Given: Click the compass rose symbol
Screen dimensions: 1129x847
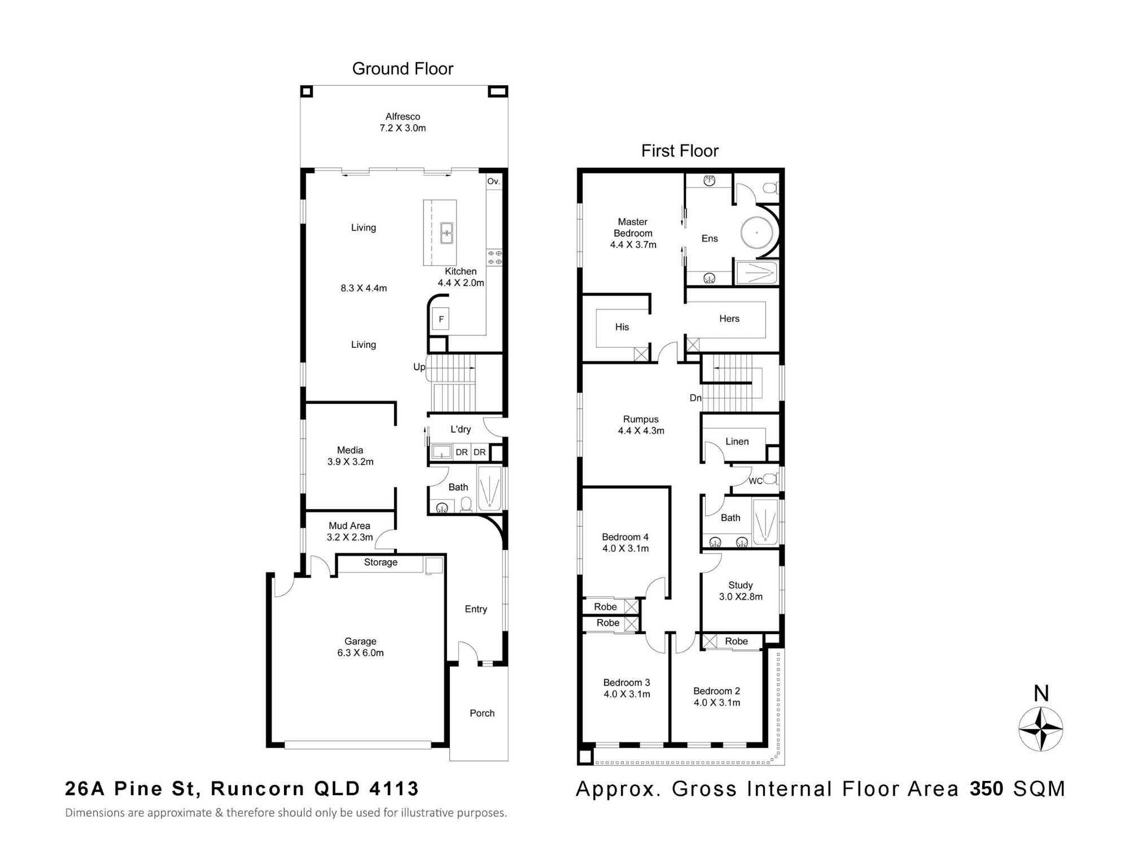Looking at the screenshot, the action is click(1041, 728).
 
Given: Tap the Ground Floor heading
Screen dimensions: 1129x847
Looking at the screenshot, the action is click(402, 69).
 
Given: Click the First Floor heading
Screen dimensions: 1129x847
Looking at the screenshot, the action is click(680, 151).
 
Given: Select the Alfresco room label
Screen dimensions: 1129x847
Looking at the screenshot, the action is click(402, 116).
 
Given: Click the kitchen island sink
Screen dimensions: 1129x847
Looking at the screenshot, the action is click(447, 233).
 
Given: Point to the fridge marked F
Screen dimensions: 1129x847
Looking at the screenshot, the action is click(441, 319).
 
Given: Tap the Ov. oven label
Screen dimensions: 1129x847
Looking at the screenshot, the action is click(493, 181).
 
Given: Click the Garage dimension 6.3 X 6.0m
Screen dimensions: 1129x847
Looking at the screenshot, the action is click(360, 653).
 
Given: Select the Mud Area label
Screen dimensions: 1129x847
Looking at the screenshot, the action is click(349, 526).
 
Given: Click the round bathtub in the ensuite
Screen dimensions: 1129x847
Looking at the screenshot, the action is click(757, 233).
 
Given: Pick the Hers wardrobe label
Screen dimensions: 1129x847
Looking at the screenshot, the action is click(729, 318).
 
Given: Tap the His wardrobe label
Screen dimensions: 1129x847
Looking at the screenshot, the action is click(622, 327).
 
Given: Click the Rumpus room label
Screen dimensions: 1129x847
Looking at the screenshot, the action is click(641, 419).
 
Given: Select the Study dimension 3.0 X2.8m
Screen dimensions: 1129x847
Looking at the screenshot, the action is click(741, 597).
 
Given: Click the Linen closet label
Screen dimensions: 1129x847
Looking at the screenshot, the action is click(737, 442).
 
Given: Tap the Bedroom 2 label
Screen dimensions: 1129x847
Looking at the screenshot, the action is click(716, 691).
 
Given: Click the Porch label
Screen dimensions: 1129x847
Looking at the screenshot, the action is click(482, 713).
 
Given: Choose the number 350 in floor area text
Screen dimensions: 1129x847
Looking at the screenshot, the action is click(986, 789).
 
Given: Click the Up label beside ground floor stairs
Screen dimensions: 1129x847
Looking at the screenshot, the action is click(419, 367).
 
